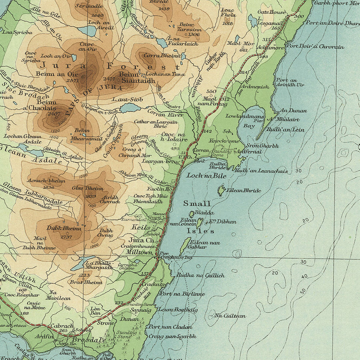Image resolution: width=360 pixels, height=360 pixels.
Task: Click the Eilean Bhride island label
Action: coord(243,191)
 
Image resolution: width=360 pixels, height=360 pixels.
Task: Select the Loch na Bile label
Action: coord(206,176)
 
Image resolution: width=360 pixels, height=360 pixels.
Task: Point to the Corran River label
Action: coord(165,115)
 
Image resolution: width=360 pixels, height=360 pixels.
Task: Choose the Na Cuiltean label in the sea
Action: coord(230,316)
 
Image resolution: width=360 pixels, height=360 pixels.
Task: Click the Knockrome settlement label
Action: coord(227,142)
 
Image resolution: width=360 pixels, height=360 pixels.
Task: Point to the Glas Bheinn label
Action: coord(87,188)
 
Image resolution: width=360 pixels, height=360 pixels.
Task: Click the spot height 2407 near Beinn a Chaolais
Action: coord(54,114)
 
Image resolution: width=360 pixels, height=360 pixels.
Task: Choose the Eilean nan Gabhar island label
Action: coord(205,245)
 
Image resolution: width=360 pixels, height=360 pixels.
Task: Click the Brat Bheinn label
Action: coord(83,282)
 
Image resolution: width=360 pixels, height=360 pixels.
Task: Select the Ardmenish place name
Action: coord(254,86)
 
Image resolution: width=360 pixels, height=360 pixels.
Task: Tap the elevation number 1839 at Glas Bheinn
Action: coord(91,196)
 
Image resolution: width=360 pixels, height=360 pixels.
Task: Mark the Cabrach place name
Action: coord(62,326)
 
